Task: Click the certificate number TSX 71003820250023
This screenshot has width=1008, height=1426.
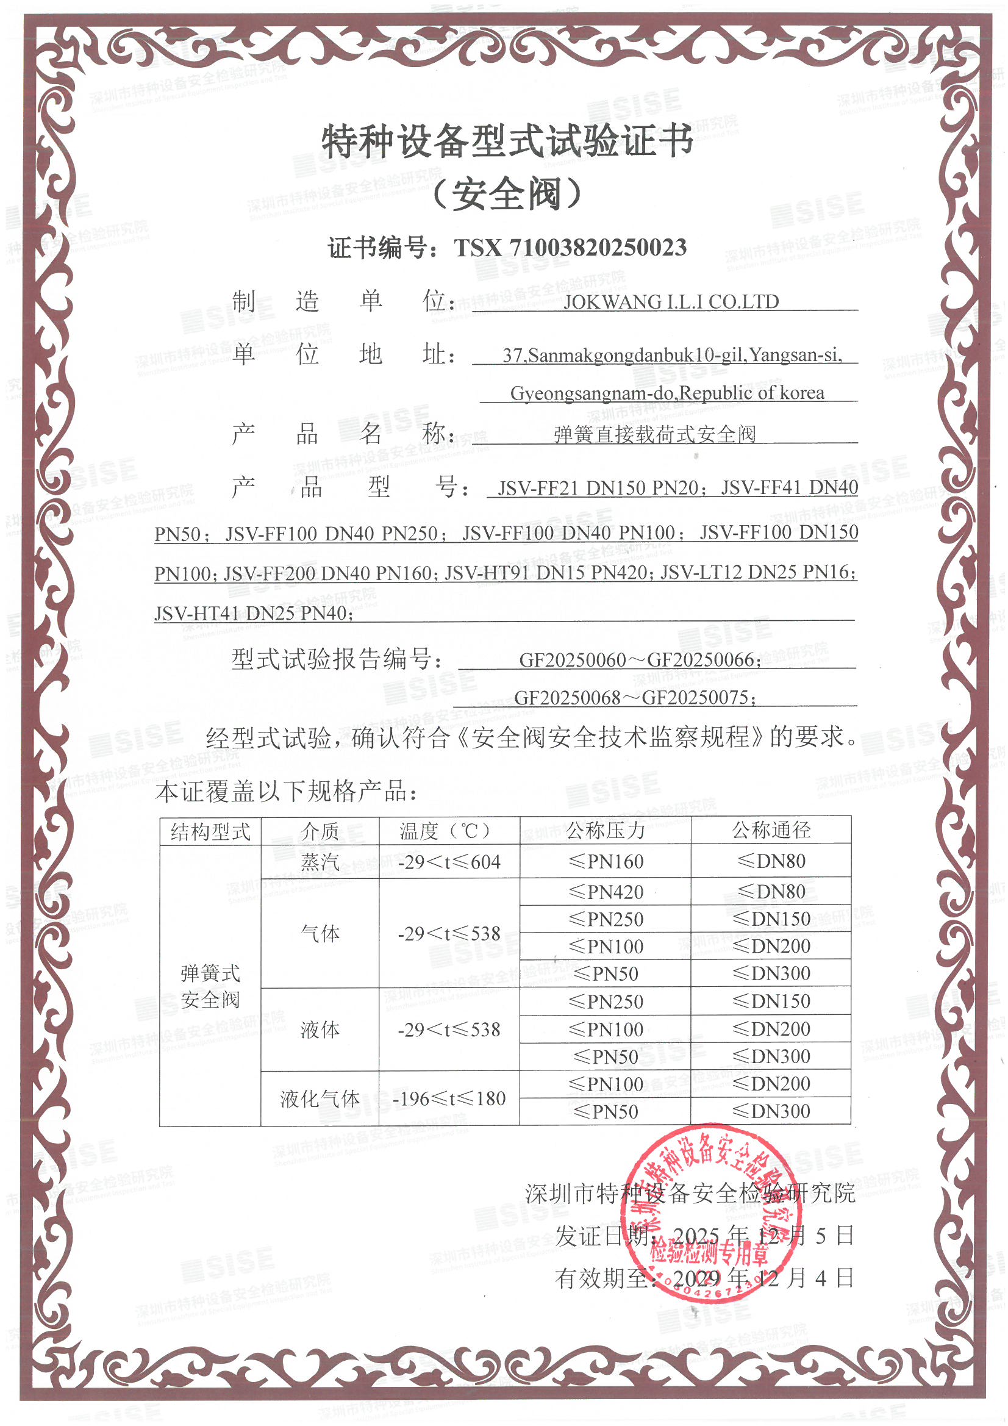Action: click(x=570, y=248)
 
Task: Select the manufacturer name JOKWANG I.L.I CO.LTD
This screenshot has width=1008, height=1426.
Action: click(x=670, y=302)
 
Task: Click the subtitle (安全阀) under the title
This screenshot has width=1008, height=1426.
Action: click(x=506, y=195)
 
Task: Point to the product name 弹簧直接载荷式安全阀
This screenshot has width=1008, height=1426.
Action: click(x=654, y=434)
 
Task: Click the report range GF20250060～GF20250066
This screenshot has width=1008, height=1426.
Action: click(x=640, y=659)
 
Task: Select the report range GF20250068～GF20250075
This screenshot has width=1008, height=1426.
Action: click(x=635, y=698)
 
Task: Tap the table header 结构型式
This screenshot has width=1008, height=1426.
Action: click(x=210, y=831)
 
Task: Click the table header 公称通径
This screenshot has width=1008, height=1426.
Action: click(x=771, y=829)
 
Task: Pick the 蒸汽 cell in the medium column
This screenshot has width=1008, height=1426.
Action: click(x=320, y=861)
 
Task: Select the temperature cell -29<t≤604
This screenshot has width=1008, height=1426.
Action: click(x=449, y=862)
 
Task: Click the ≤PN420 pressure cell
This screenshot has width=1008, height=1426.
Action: click(x=606, y=892)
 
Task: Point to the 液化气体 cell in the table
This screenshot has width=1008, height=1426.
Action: click(x=320, y=1098)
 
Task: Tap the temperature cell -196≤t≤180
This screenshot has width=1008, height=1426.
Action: click(x=449, y=1098)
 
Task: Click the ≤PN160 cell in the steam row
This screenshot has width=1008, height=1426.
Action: click(x=606, y=861)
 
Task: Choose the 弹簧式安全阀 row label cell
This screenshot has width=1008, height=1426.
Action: click(x=210, y=986)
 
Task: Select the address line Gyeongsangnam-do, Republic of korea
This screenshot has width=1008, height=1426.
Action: click(x=667, y=393)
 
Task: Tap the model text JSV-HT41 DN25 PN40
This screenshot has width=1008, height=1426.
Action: click(x=254, y=614)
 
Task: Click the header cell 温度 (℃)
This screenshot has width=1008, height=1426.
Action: click(x=449, y=830)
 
